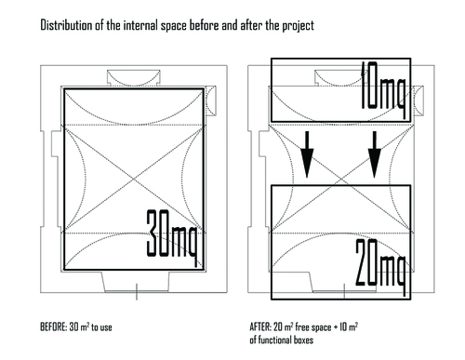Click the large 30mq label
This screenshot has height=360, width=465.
171,238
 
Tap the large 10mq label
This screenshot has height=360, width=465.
383,90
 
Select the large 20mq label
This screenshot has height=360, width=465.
380,267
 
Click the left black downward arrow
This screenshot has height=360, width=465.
307,154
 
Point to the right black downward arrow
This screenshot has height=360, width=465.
375,154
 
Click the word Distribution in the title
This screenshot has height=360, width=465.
66,25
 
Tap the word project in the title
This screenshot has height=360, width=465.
298,26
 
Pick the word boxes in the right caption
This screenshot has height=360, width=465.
303,340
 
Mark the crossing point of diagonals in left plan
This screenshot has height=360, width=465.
134,179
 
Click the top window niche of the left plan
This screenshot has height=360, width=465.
134,78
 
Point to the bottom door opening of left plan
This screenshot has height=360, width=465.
137,282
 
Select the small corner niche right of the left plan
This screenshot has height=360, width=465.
211,100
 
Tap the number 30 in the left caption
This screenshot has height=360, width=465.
73,327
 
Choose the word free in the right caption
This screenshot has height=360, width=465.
301,327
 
